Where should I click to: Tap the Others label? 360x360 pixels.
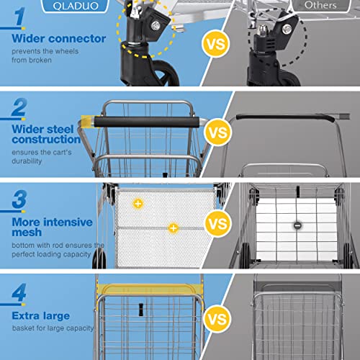320,5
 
